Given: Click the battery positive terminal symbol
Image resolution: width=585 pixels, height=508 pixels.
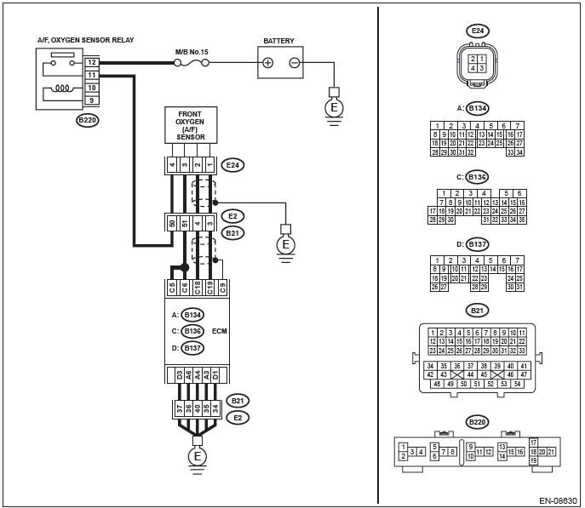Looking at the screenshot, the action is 267,63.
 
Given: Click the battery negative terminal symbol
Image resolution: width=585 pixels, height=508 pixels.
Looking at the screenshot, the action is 295,63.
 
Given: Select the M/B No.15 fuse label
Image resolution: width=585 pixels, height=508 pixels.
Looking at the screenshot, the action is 192,52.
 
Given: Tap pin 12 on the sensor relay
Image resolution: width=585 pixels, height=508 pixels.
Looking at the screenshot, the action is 91,62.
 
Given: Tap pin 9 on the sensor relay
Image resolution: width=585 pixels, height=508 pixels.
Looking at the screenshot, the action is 91,100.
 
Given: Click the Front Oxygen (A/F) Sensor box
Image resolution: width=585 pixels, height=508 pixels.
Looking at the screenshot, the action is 191,125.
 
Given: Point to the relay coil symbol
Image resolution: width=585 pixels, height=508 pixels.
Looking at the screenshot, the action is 62,88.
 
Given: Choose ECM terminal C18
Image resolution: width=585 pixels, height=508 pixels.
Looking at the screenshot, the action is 197,288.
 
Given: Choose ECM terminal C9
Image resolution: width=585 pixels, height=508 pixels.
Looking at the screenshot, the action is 222,288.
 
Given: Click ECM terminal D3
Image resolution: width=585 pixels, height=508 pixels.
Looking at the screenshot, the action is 180,375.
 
